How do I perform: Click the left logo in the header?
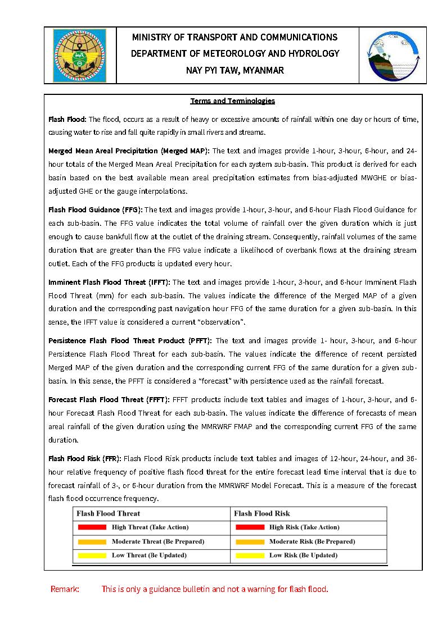(79, 56)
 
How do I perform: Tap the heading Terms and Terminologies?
(232, 101)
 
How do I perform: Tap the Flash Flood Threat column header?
(108, 513)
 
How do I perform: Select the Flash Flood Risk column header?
(261, 513)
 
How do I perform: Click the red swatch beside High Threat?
(92, 527)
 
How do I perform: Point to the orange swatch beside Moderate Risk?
(250, 542)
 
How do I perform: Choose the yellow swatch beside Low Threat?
(92, 555)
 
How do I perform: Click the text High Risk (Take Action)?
(304, 527)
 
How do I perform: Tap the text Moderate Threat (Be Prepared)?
(158, 542)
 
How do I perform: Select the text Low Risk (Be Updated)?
(303, 555)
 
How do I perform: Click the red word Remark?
(65, 589)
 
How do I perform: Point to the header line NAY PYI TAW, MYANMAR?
(234, 71)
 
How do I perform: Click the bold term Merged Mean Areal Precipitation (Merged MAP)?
(129, 151)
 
